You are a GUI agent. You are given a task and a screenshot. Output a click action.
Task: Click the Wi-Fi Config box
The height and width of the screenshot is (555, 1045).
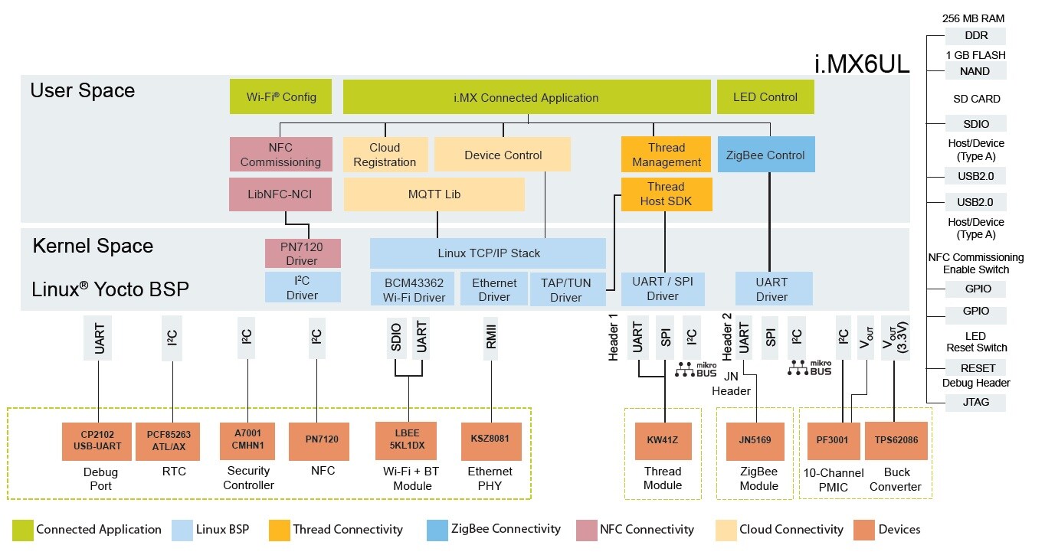pos(280,97)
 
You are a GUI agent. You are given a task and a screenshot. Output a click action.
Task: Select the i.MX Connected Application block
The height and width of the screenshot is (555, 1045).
pos(526,97)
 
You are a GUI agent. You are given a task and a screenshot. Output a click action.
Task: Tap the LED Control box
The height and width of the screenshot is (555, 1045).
pos(765,97)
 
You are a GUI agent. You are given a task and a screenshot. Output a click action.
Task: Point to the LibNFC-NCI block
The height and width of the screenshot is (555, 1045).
pos(280,194)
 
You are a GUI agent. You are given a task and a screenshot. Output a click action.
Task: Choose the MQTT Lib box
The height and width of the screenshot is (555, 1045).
pos(434,194)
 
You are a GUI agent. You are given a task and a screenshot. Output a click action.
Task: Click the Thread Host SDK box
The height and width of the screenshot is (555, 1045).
pos(666,194)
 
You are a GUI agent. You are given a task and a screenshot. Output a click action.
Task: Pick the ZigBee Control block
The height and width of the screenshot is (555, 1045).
pos(765,155)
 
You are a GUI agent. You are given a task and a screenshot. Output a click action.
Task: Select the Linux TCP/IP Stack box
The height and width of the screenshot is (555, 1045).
pos(488,253)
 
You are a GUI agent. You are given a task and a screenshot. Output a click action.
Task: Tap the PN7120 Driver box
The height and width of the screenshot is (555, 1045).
pos(302,253)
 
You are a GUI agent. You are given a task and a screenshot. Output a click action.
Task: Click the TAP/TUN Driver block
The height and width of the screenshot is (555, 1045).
pos(566,289)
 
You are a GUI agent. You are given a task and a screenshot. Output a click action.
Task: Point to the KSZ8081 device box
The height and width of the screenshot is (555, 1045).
pos(490,439)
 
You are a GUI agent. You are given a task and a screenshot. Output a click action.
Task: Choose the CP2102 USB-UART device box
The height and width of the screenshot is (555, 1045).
pos(97,441)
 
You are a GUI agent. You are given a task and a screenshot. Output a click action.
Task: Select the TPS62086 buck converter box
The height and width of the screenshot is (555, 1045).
pos(896,440)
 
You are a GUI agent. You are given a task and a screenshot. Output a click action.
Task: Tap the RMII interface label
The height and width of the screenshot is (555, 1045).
pos(490,338)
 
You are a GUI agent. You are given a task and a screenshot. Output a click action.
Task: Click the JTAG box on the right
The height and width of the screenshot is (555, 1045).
pos(975,402)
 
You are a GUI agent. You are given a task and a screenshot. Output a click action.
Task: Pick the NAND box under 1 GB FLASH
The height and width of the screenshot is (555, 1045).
pos(975,71)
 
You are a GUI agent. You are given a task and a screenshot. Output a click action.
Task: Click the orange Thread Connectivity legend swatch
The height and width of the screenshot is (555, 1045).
pos(280,529)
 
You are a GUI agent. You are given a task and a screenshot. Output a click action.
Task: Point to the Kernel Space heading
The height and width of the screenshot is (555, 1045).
pos(93,246)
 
